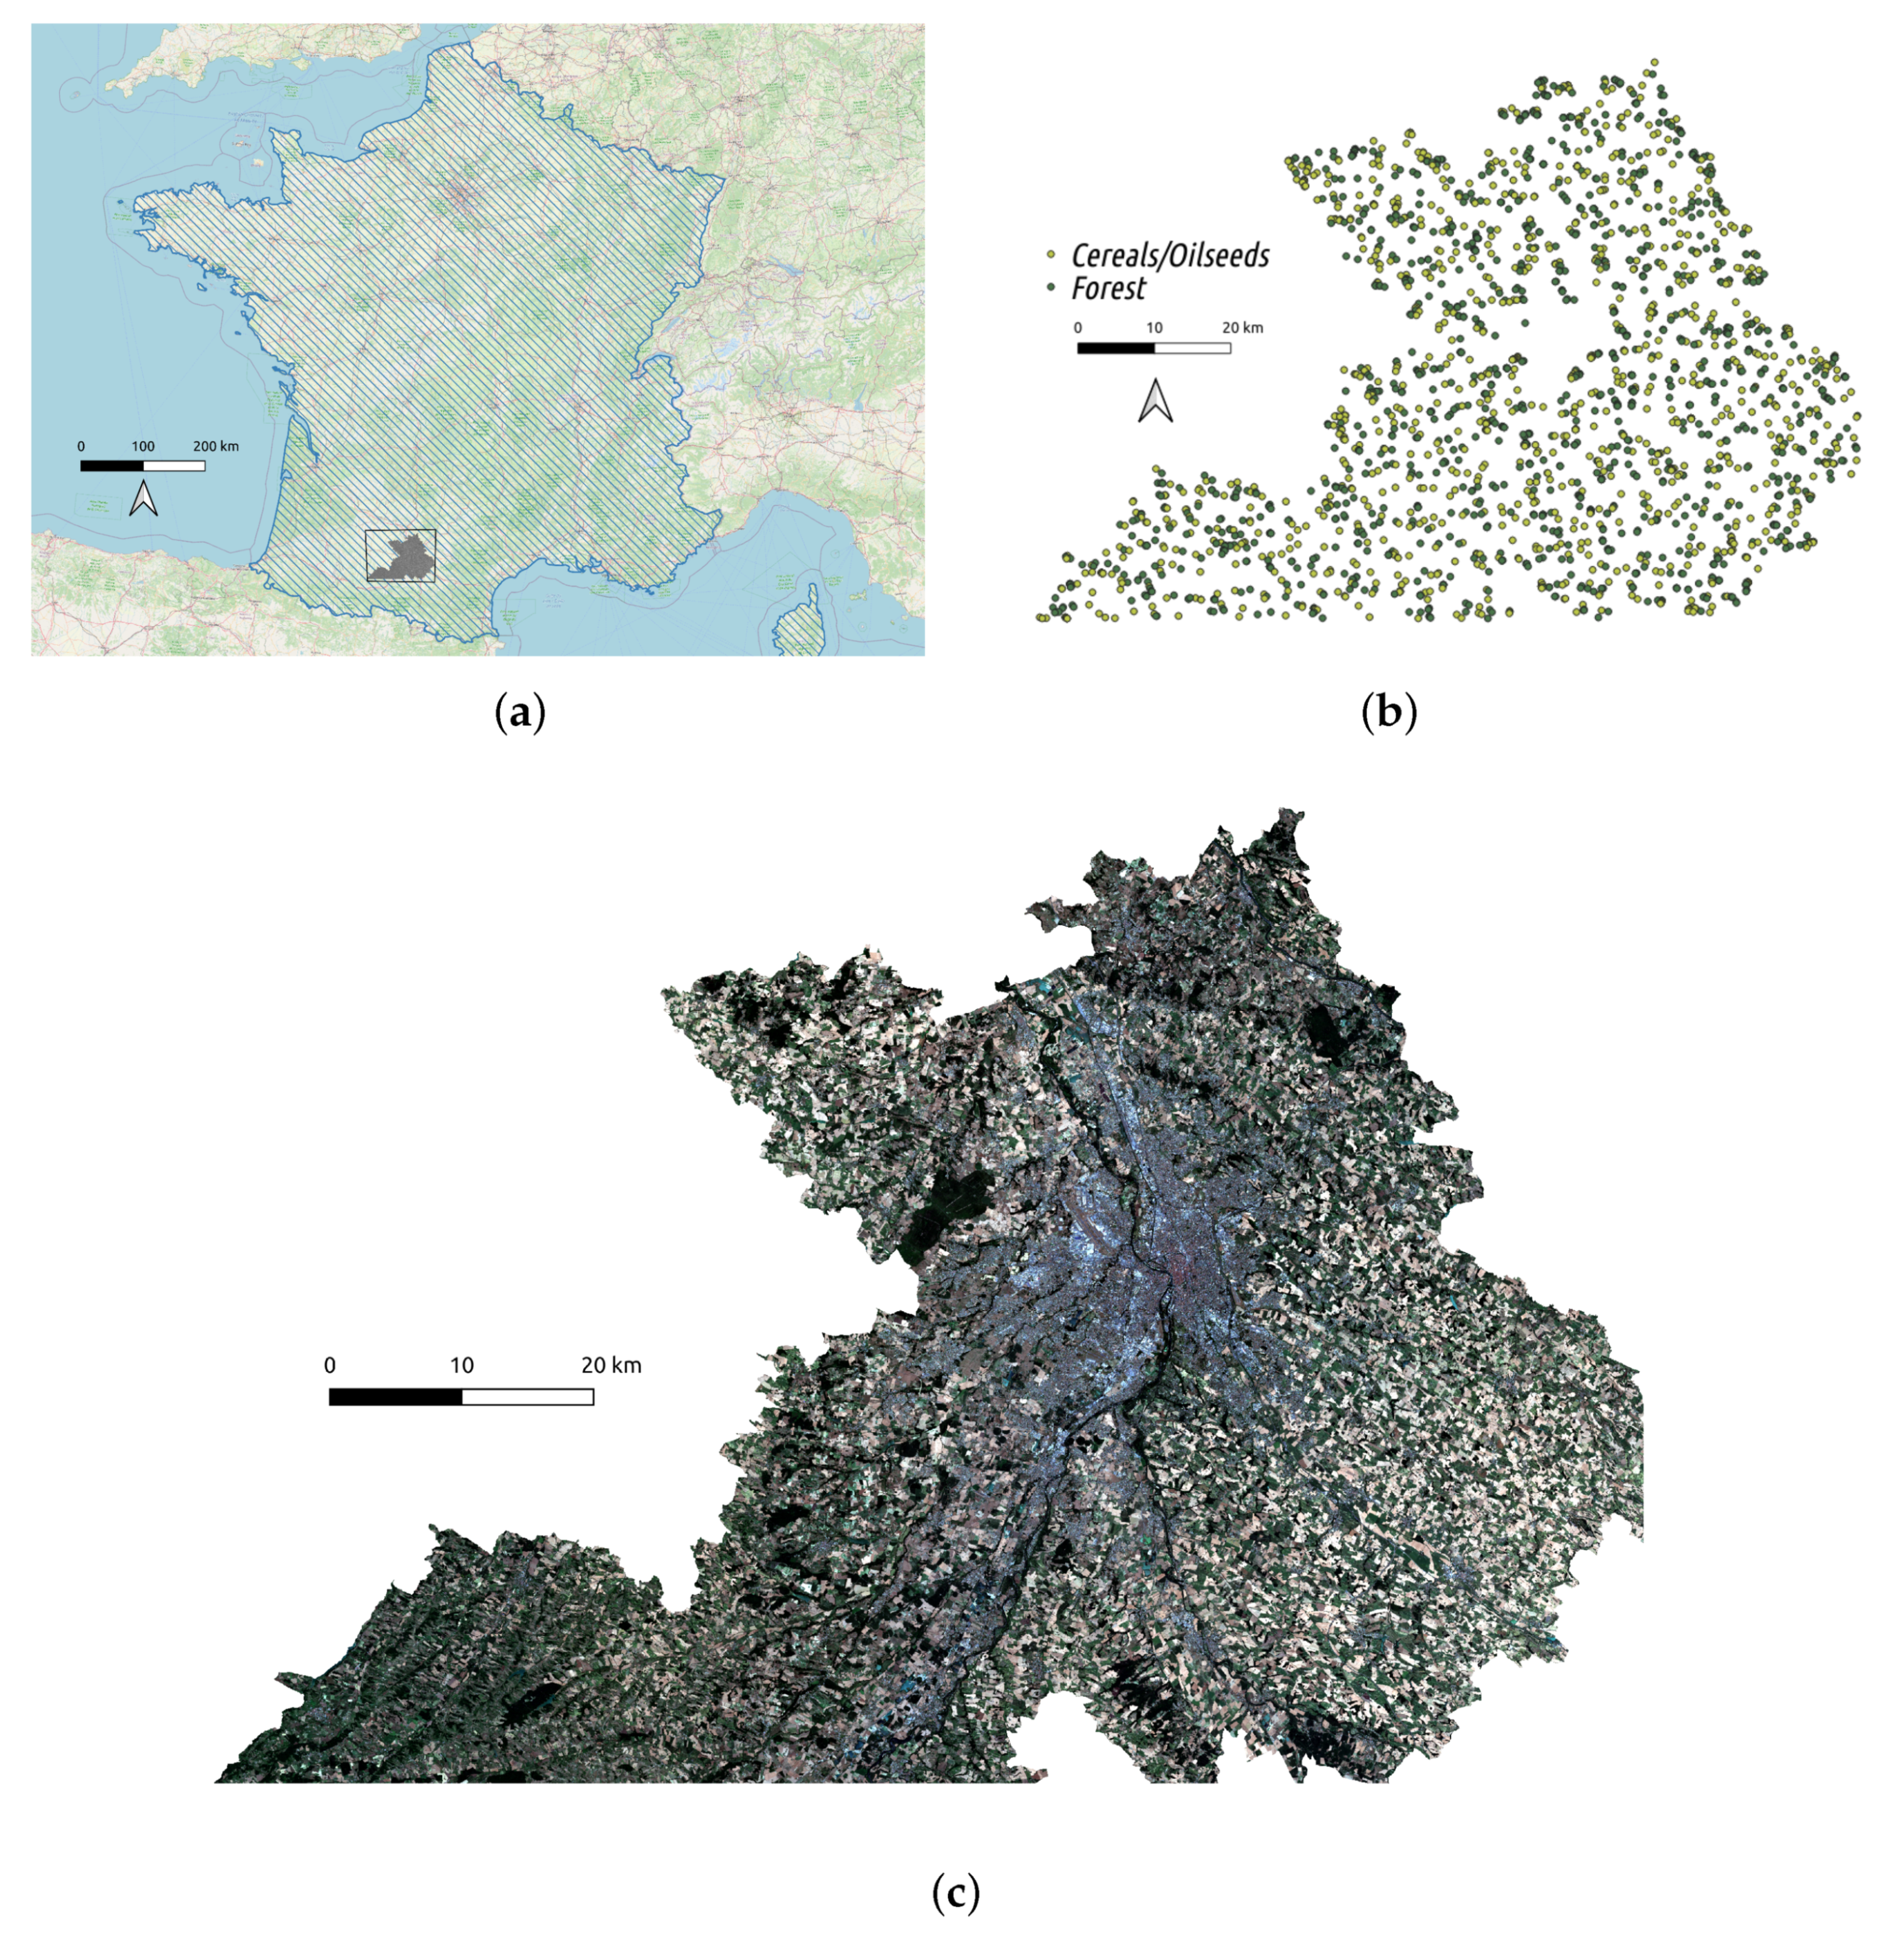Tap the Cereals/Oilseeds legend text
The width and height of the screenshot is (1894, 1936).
tap(1170, 256)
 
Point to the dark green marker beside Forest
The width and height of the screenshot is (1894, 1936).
tap(1050, 288)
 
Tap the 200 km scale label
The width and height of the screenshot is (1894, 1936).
tap(216, 446)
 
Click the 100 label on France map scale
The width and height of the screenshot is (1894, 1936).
tap(143, 446)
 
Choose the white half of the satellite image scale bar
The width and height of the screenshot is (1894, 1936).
tap(527, 1397)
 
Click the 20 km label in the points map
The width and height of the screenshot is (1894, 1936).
tap(1242, 327)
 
